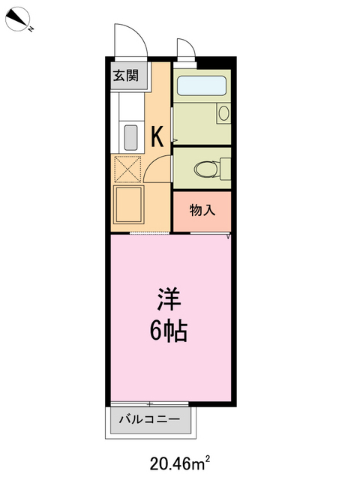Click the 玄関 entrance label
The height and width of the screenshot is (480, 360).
[125, 75]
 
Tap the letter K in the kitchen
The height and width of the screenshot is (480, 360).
[157, 136]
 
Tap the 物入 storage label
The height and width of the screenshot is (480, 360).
[202, 210]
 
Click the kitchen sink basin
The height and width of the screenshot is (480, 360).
[130, 137]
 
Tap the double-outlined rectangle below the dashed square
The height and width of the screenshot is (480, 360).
[129, 204]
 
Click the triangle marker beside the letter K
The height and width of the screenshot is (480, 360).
[175, 140]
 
